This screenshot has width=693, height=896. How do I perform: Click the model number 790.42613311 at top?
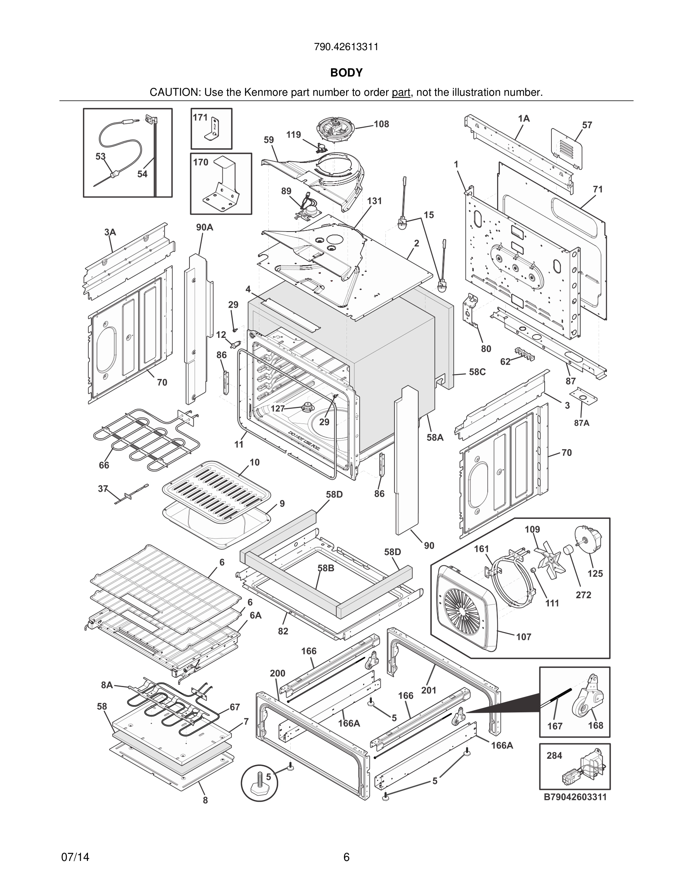[346, 47]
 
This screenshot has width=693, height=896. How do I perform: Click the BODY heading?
[346, 73]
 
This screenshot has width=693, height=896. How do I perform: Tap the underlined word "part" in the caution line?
[401, 93]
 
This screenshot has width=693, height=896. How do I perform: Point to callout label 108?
[381, 124]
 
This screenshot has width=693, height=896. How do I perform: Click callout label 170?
[201, 163]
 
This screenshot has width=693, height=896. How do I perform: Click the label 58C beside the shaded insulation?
[477, 372]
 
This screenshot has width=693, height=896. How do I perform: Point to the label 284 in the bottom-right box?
[554, 756]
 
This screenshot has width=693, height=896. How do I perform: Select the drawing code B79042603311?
[575, 798]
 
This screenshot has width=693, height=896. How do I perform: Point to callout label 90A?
[204, 227]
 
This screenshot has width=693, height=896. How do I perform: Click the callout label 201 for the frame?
[429, 690]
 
